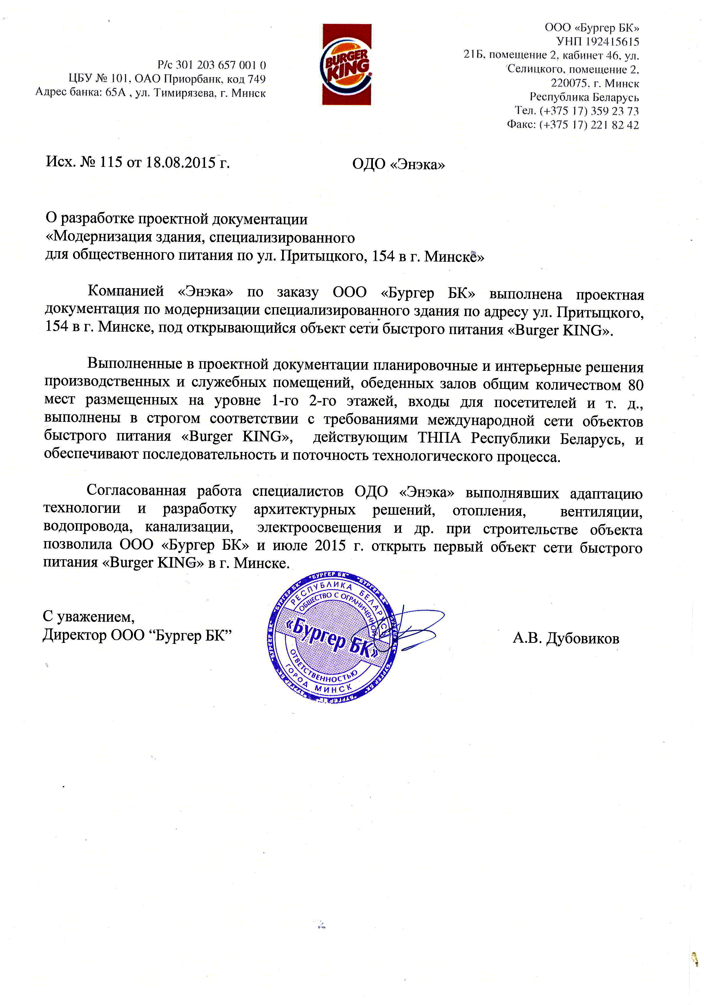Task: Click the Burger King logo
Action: click(x=346, y=65)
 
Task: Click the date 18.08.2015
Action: click(x=181, y=162)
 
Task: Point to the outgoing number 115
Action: click(x=111, y=162)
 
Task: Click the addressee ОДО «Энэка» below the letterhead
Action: click(x=399, y=165)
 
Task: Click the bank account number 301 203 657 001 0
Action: click(x=221, y=65)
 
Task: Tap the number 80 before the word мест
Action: click(x=635, y=385)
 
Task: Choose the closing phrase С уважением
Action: click(x=88, y=617)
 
